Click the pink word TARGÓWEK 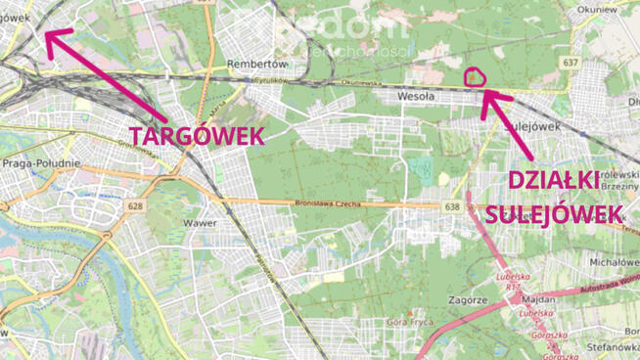pos(198,135)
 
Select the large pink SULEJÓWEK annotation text pos(554,214)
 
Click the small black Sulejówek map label pos(529,126)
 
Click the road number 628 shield pos(135,205)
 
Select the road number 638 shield pos(451,207)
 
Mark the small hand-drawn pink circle pos(475,76)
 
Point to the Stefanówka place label pos(613,345)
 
